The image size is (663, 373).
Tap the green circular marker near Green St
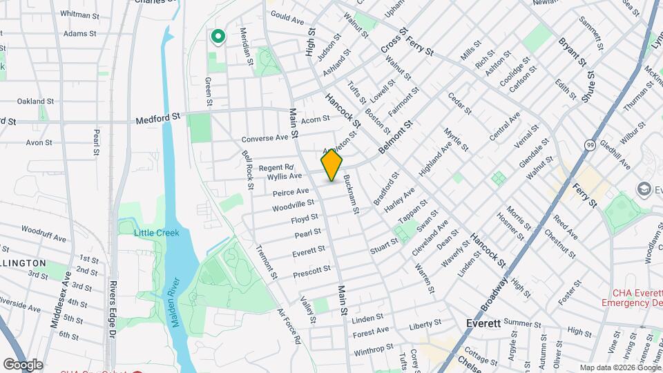(218, 37)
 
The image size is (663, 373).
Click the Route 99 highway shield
(590, 144)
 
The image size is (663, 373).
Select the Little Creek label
(157, 233)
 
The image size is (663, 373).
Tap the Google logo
(23, 365)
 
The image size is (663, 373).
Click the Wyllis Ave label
(285, 177)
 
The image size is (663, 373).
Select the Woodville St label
(293, 205)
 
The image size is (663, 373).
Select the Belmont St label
(395, 137)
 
